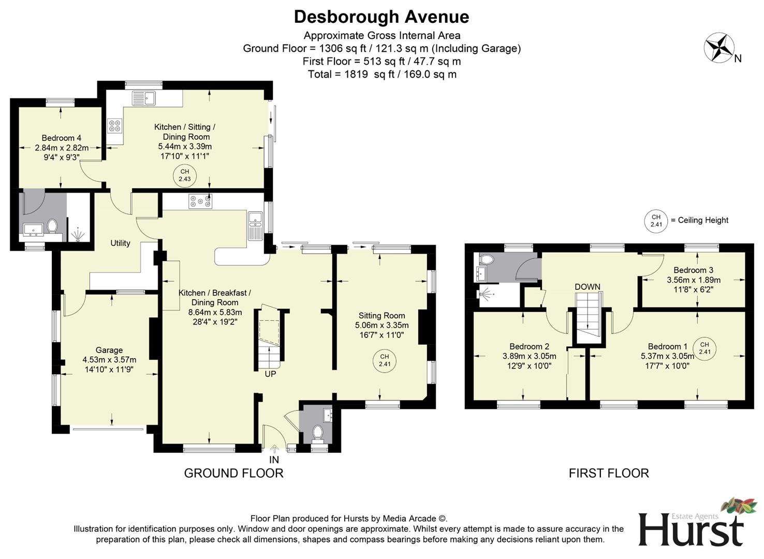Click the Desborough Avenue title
tap(381, 17)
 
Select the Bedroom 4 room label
tap(61, 138)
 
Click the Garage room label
tap(109, 350)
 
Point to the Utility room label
tap(120, 243)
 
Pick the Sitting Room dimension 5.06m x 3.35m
tap(381, 325)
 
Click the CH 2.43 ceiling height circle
tap(185, 175)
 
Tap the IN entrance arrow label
tap(274, 459)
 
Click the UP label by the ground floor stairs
tap(270, 374)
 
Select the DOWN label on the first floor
tap(587, 286)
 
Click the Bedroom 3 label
tap(693, 270)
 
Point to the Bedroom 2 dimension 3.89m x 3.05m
tap(529, 356)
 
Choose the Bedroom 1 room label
tap(668, 346)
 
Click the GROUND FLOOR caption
tap(233, 473)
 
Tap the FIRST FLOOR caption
tap(609, 473)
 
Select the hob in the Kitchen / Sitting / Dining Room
tap(114, 125)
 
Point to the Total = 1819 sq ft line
tap(381, 74)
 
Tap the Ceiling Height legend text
tap(699, 220)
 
